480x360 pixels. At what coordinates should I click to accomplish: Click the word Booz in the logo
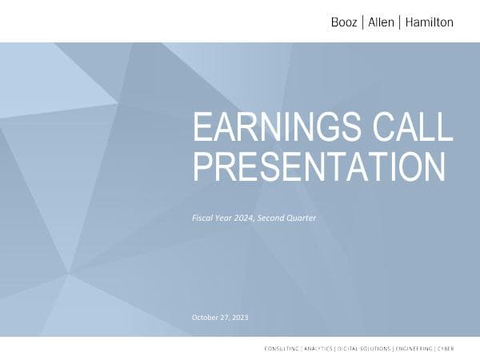345,22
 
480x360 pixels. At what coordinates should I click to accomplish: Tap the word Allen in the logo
381,22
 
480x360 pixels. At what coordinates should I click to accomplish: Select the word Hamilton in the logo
428,22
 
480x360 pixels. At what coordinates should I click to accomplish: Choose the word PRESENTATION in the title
319,167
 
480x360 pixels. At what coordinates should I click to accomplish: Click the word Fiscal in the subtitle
203,217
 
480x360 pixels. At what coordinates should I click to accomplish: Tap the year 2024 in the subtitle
242,217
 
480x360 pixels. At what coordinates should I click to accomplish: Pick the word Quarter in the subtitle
303,217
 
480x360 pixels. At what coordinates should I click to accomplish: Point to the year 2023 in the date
240,318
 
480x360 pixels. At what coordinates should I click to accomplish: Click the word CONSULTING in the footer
282,349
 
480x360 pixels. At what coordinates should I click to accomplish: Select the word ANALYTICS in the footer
318,349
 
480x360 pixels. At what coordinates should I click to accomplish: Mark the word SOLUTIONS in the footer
376,349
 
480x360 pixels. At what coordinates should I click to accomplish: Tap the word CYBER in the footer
445,349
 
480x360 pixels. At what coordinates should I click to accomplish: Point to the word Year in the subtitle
223,217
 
